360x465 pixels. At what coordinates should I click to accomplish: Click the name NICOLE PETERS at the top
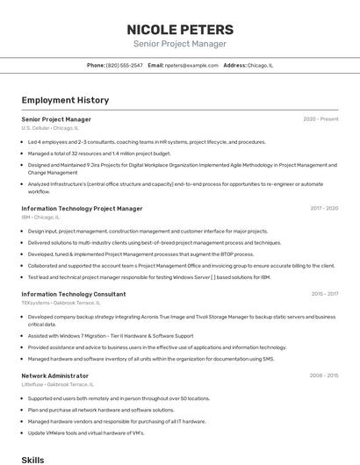(180, 30)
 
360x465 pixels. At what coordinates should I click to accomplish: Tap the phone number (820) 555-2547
(124, 65)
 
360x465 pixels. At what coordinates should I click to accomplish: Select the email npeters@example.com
(191, 65)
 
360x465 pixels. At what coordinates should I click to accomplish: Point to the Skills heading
(32, 459)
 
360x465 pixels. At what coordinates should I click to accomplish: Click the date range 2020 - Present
(320, 118)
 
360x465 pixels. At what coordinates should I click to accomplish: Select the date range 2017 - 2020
(324, 209)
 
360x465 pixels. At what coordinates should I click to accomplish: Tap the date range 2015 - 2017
(324, 294)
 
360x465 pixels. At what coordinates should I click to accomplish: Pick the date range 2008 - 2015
(324, 376)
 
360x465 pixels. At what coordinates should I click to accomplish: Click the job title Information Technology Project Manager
(82, 209)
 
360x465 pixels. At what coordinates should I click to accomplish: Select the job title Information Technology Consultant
(74, 294)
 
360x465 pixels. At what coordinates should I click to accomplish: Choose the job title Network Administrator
(55, 376)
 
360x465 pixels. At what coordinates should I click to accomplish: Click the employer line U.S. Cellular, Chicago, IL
(50, 128)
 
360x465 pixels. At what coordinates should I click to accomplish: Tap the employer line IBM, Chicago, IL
(40, 218)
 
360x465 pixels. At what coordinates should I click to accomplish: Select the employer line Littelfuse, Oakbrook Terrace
(57, 384)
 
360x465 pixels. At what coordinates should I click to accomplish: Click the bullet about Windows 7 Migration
(111, 335)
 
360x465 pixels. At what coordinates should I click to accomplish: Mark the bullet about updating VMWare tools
(86, 433)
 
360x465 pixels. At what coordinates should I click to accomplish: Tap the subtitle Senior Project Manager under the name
(180, 44)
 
